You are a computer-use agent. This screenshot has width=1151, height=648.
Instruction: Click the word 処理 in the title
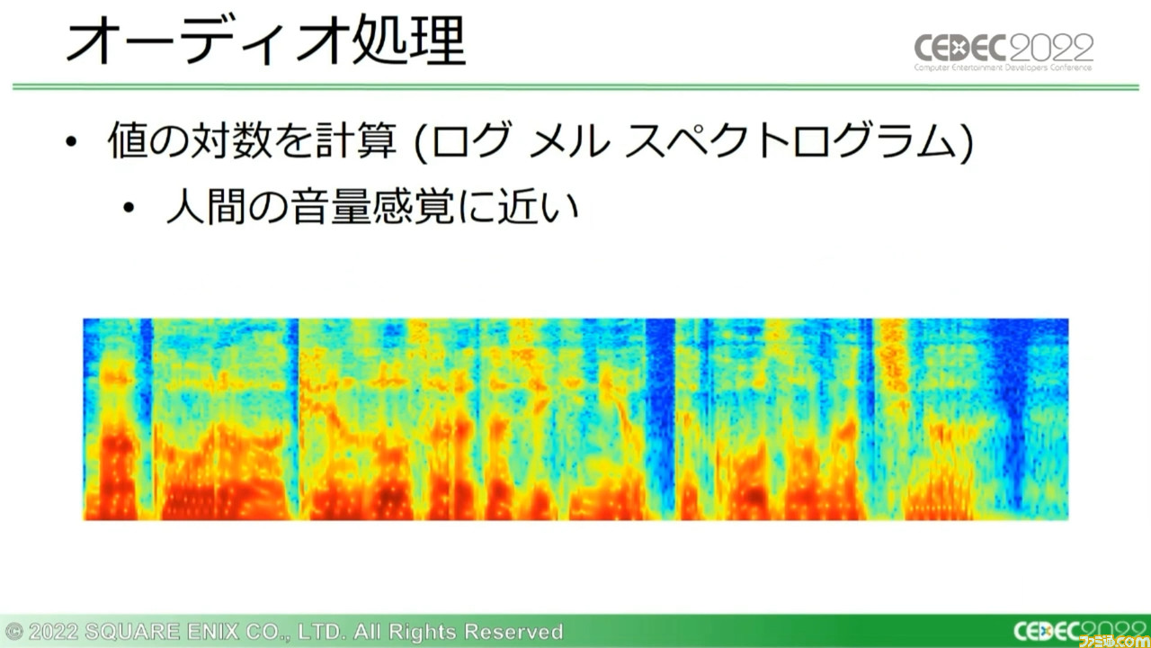pos(409,40)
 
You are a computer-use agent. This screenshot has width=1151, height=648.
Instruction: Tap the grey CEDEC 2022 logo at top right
pos(1004,52)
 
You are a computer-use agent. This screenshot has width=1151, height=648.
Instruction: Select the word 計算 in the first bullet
pos(356,139)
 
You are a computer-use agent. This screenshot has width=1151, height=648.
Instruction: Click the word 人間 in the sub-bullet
pos(206,207)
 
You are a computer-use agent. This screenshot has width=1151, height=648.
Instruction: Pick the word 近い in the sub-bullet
pos(539,207)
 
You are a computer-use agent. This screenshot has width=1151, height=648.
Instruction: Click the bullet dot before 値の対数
pos(71,141)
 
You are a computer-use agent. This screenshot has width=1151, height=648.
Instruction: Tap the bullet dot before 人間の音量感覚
pos(129,208)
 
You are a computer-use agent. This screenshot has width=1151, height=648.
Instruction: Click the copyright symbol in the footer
pos(13,631)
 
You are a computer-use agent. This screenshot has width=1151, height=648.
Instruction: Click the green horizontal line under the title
pos(575,87)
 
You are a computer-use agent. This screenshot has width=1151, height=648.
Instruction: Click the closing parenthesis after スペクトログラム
pos(966,141)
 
